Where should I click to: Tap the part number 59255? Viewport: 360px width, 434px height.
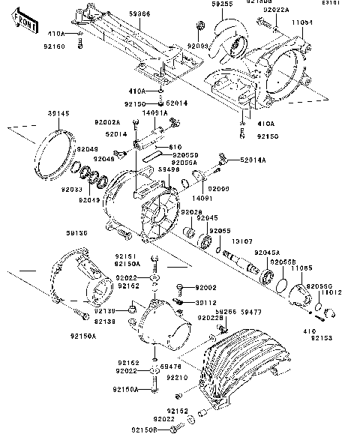tap(201, 4)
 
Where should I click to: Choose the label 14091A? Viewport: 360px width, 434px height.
tap(154, 112)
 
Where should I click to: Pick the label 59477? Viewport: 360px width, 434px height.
tap(271, 310)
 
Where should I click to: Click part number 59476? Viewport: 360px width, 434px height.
tap(171, 367)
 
